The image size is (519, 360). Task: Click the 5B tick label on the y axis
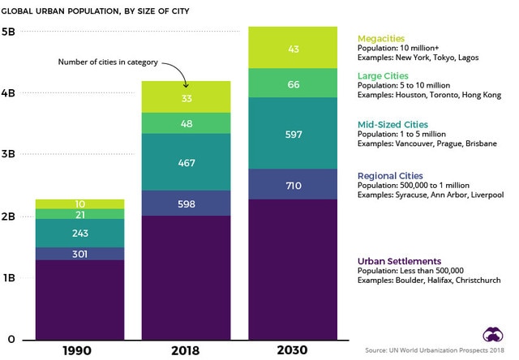(x=11, y=32)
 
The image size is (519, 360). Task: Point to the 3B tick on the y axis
(x=11, y=155)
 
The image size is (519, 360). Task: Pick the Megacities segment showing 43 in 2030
(x=294, y=49)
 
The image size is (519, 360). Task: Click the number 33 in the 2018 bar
(x=186, y=98)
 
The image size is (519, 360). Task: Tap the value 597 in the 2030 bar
(x=294, y=134)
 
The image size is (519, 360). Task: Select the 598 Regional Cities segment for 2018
(x=186, y=204)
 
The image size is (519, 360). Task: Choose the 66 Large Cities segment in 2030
(x=294, y=84)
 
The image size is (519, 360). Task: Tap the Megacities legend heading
(x=380, y=38)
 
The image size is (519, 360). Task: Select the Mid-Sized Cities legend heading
(x=393, y=124)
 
